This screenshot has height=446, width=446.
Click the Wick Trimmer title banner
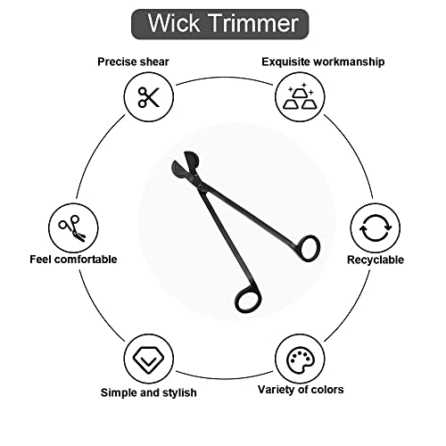220,24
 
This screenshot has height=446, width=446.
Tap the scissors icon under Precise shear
149,97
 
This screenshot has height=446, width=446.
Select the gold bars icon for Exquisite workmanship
300,96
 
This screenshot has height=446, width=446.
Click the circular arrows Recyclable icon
376,228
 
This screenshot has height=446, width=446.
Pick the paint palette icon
300,359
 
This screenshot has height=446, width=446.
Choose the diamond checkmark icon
148,359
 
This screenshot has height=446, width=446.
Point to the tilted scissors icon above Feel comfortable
73,228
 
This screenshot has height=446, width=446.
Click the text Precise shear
133,62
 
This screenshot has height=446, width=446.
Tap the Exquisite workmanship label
323,62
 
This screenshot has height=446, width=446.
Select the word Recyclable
376,260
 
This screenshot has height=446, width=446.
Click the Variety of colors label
301,390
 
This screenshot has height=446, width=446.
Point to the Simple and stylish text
149,392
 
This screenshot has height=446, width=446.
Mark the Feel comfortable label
73,260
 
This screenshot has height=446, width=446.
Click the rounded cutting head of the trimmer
185,167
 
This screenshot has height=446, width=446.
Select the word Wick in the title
174,23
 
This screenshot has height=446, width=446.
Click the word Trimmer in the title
254,23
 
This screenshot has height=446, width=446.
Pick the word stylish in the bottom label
178,392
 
